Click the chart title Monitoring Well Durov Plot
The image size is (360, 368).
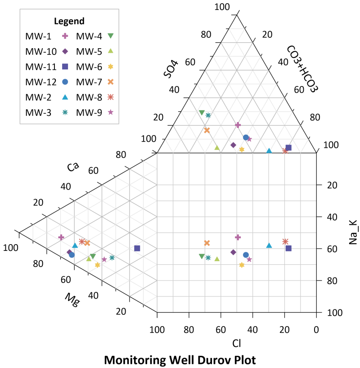point(180,360)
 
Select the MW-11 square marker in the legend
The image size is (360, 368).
point(65,67)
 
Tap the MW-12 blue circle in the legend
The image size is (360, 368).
point(65,82)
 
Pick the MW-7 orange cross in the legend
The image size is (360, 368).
point(110,82)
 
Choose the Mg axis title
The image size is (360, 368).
point(72,300)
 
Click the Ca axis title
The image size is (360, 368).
point(72,167)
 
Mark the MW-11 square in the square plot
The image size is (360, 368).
point(288,248)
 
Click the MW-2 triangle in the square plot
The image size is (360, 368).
point(269,245)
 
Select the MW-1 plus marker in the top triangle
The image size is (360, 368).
point(238,125)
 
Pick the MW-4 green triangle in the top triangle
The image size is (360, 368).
point(202,113)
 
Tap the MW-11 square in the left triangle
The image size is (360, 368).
point(137,248)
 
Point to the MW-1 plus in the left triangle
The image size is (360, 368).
point(61,237)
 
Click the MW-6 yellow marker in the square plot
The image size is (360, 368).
point(242,265)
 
